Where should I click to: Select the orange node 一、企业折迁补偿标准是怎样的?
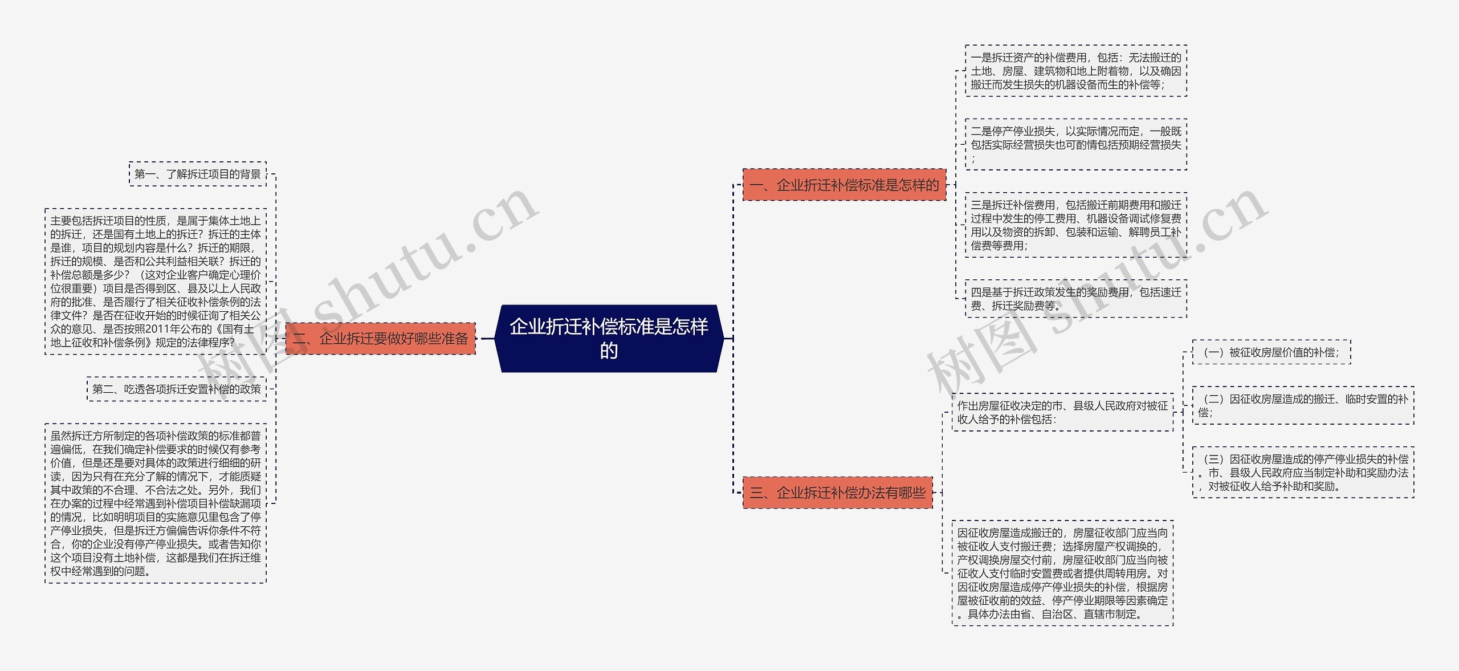coord(844,185)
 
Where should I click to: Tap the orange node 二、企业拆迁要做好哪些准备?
coord(380,339)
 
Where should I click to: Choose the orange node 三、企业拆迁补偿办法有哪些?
coord(837,493)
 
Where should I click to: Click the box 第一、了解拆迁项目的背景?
coord(198,174)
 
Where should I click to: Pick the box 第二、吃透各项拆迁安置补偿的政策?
coord(177,389)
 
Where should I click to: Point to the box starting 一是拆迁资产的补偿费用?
coord(1075,71)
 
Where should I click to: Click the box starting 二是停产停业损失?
coord(1075,145)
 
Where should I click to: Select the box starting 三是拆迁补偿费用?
coord(1075,225)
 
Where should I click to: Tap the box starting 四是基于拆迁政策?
coord(1075,299)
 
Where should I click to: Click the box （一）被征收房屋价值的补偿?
coord(1271,352)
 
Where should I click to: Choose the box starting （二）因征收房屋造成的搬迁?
coord(1303,406)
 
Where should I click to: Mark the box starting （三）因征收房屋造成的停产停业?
coord(1303,473)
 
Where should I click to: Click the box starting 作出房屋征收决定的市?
coord(1062,412)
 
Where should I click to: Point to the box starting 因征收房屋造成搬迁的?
coord(1062,574)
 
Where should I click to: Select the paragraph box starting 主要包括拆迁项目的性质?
coord(155,282)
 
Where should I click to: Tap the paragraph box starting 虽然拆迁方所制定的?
coord(155,503)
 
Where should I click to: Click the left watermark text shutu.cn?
coord(422,262)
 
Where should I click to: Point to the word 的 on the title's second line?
coord(609,351)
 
